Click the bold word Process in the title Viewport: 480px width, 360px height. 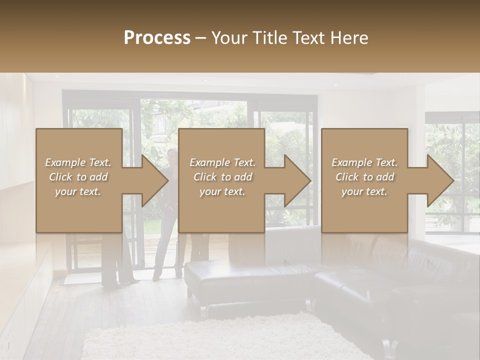[x=157, y=37]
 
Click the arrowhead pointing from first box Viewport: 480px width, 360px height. [x=155, y=180]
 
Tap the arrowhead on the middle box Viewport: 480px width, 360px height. [x=297, y=180]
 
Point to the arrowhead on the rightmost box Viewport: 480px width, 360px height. [x=440, y=180]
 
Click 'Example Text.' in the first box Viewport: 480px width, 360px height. [x=78, y=162]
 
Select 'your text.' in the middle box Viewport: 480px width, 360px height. [x=222, y=191]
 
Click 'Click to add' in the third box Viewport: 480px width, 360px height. [x=364, y=177]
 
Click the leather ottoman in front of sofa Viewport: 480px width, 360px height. [x=247, y=280]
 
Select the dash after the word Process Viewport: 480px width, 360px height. [x=201, y=37]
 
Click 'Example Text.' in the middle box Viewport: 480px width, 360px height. [x=222, y=162]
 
